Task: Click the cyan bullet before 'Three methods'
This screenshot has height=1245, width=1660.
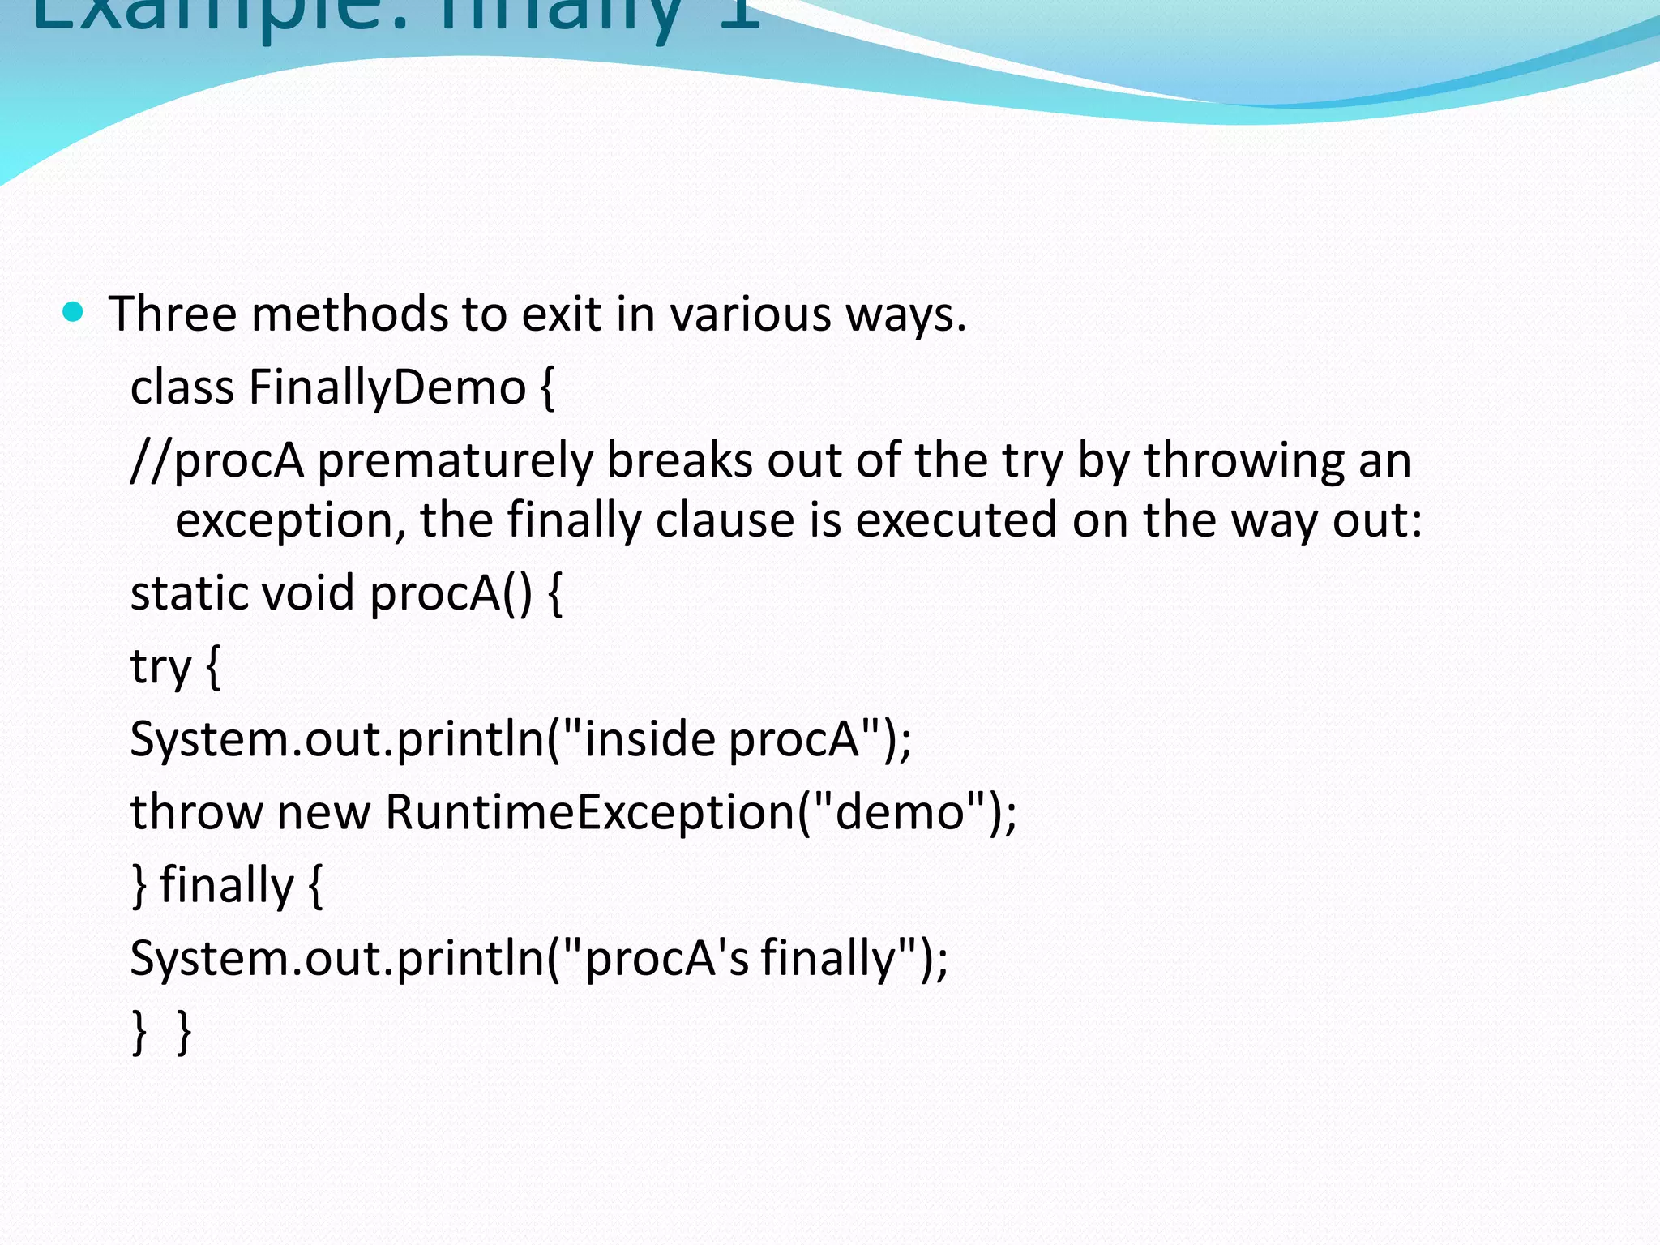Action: (x=73, y=312)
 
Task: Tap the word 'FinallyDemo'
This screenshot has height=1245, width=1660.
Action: (x=387, y=387)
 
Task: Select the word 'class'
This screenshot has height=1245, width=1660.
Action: (x=182, y=387)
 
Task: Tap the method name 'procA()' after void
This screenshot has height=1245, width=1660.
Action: (x=451, y=593)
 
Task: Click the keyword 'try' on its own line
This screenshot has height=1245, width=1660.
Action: (x=160, y=668)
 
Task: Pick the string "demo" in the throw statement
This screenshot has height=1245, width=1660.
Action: (x=899, y=812)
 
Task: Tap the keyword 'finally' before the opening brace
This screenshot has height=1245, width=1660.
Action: (x=226, y=885)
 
